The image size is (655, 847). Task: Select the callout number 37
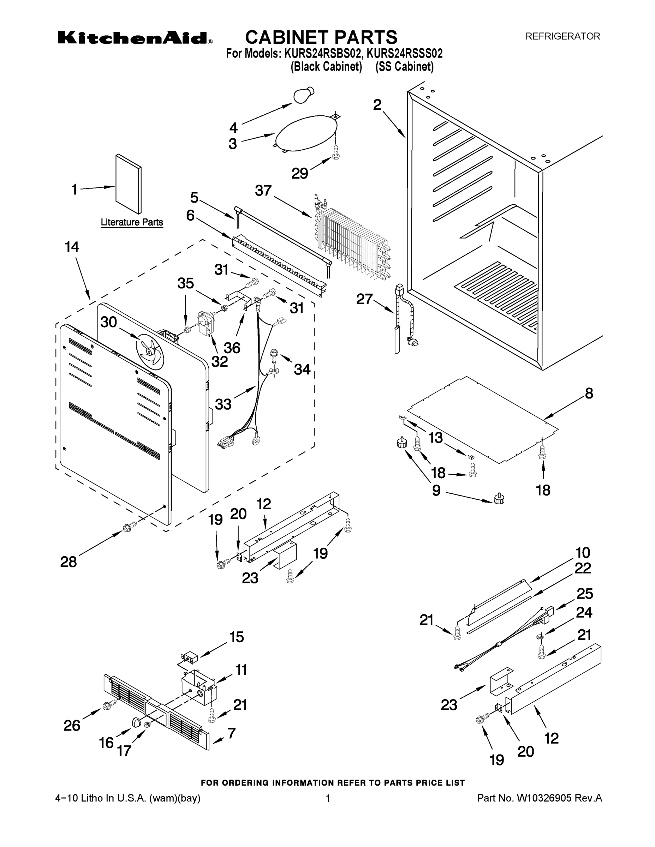263,191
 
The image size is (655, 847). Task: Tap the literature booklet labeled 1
129,184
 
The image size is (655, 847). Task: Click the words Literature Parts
132,222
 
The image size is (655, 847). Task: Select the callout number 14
72,247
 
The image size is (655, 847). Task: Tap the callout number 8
589,393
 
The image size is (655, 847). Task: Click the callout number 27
365,299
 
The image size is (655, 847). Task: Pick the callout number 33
223,404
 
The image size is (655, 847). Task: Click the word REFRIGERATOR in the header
562,36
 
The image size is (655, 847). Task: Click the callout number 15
237,637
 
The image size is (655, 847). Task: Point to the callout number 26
72,725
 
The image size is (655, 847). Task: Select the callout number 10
582,552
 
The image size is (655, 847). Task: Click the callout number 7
232,733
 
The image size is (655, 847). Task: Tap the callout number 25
584,593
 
